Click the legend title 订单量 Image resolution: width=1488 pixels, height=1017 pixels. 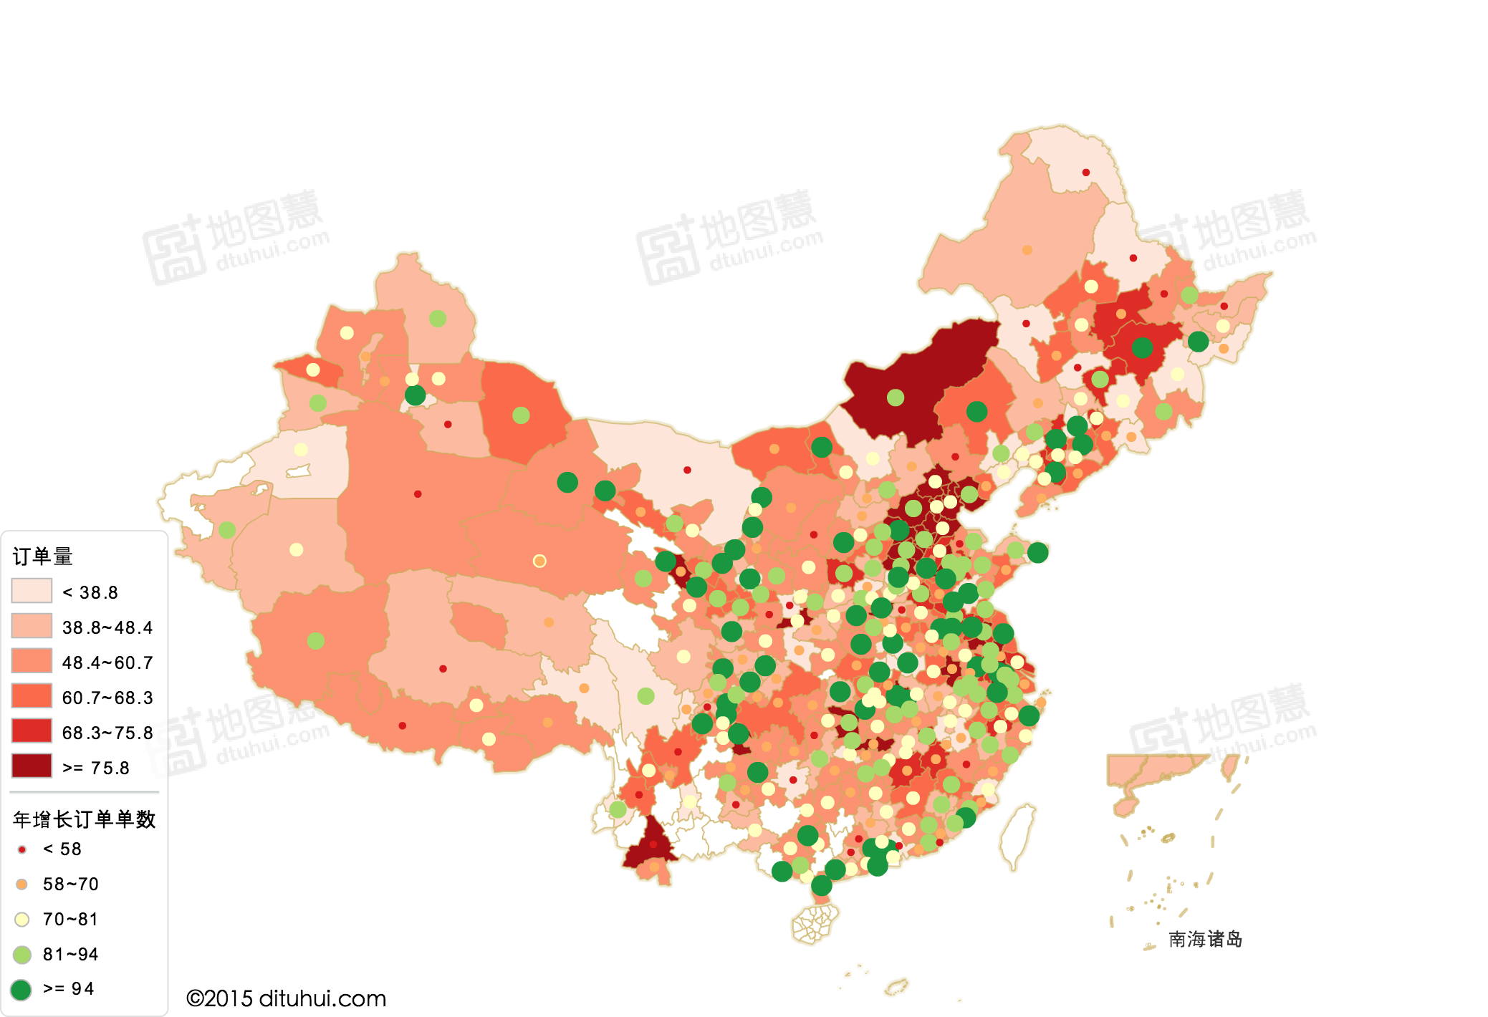[x=43, y=556]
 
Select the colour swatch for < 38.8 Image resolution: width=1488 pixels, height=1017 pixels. [x=32, y=591]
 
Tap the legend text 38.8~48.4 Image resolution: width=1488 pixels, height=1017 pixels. [x=107, y=627]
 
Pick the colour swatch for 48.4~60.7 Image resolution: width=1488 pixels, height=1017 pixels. [x=32, y=661]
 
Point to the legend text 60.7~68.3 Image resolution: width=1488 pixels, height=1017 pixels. [x=107, y=698]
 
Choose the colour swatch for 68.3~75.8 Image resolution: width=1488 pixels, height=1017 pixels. [x=32, y=731]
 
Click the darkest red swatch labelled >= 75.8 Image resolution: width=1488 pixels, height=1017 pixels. [x=32, y=766]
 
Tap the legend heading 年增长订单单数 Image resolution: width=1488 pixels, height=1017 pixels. [x=85, y=819]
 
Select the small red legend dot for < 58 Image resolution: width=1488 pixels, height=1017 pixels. [x=22, y=849]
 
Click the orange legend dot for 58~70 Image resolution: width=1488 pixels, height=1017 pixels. [x=22, y=885]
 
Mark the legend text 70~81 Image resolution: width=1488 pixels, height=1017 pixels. [x=70, y=919]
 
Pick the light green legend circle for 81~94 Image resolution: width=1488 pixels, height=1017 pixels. [x=22, y=955]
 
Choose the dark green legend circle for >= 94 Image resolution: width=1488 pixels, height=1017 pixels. [x=21, y=990]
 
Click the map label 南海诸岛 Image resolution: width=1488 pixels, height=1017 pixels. [x=1205, y=939]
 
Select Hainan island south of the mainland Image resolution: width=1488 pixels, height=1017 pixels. [x=815, y=924]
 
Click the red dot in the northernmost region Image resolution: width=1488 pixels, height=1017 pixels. [x=1086, y=173]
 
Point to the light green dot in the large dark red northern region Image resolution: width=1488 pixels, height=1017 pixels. [x=896, y=397]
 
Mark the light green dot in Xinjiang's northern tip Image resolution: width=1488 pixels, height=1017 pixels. [x=438, y=319]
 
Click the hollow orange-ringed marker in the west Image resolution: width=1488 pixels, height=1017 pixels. [x=539, y=561]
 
